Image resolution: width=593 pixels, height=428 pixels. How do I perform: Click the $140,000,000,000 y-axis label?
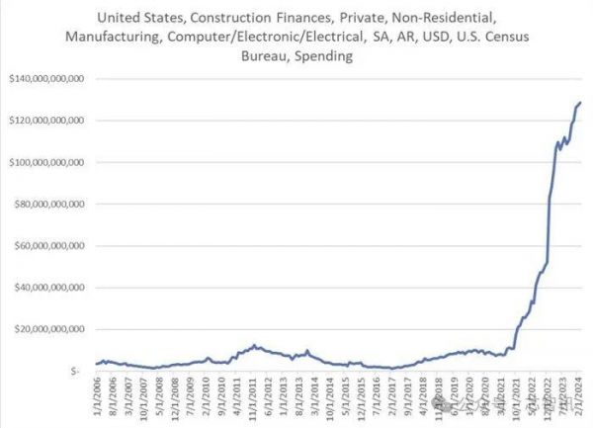46,78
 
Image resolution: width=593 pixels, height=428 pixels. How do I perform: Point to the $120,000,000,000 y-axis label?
46,120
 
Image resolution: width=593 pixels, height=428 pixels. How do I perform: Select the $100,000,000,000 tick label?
46,162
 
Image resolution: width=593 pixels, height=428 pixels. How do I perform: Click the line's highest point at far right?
580,102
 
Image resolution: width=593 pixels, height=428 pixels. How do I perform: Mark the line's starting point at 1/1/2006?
96,364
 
